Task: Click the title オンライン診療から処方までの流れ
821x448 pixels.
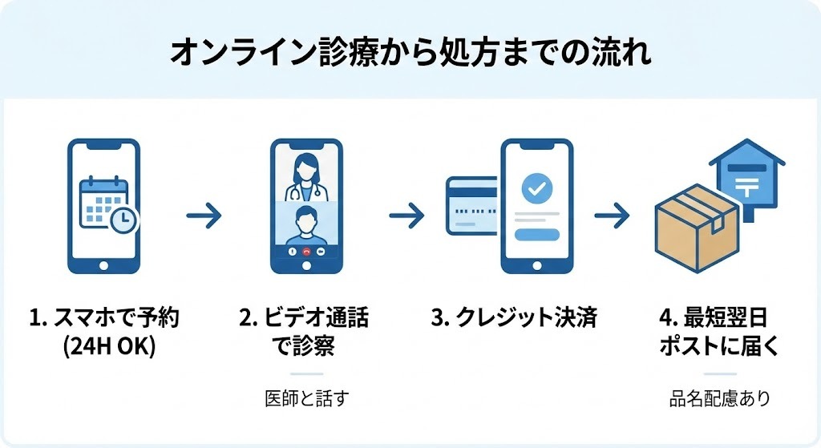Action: point(410,52)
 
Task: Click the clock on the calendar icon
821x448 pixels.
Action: point(123,220)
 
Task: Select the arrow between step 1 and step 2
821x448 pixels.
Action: point(203,215)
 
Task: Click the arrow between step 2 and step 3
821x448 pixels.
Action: point(406,215)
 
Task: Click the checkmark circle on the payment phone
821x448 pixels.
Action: point(536,189)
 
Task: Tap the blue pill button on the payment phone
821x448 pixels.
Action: point(536,234)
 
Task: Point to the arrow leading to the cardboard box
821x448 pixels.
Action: point(611,215)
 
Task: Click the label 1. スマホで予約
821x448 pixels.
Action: point(103,318)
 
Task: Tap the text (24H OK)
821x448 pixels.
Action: point(103,347)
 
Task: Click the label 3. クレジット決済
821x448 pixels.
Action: point(514,318)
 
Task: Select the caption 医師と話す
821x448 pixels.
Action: point(307,398)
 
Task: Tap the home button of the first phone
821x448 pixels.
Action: point(103,264)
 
